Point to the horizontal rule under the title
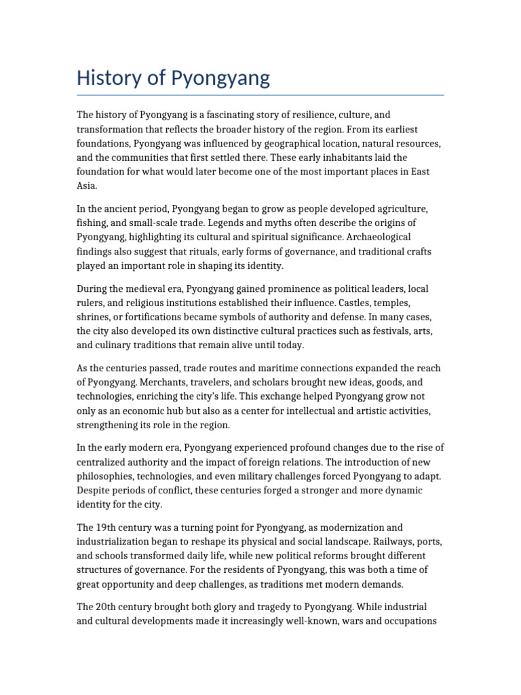[x=260, y=95]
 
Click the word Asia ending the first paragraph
[x=87, y=185]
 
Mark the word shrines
[x=94, y=317]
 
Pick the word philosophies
[x=110, y=476]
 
